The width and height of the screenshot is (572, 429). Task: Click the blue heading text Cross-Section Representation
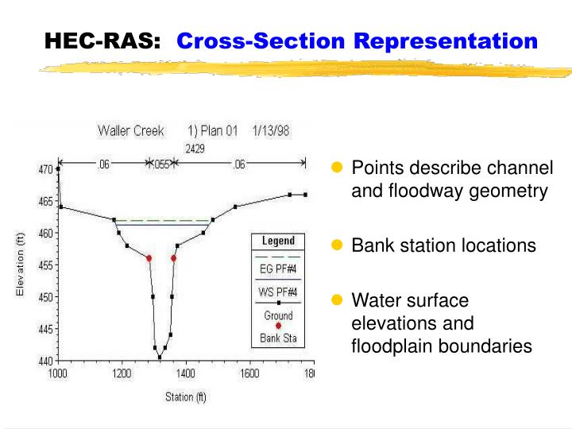pyautogui.click(x=357, y=41)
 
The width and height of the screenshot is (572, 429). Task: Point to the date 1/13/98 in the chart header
pyautogui.click(x=272, y=130)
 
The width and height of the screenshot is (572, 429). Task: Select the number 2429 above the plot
pyautogui.click(x=196, y=148)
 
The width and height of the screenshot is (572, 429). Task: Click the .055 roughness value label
pyautogui.click(x=161, y=164)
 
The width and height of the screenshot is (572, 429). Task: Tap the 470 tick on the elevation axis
pyautogui.click(x=46, y=169)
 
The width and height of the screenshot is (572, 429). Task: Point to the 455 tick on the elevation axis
pyautogui.click(x=46, y=265)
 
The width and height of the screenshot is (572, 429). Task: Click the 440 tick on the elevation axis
pyautogui.click(x=46, y=361)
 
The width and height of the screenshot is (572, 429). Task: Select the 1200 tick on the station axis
pyautogui.click(x=122, y=372)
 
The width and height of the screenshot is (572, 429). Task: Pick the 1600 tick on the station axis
pyautogui.click(x=249, y=372)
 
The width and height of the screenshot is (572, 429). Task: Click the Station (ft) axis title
pyautogui.click(x=185, y=396)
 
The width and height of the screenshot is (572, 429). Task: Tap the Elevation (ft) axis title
pyautogui.click(x=21, y=265)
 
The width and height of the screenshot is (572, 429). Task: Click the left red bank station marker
pyautogui.click(x=149, y=258)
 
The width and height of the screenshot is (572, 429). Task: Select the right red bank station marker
pyautogui.click(x=174, y=258)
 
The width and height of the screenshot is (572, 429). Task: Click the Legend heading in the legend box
pyautogui.click(x=278, y=241)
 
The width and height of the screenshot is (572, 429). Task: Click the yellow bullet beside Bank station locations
pyautogui.click(x=336, y=245)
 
